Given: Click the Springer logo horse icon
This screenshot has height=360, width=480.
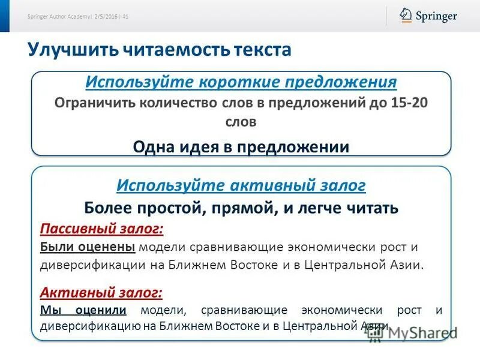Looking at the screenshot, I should point(406,15).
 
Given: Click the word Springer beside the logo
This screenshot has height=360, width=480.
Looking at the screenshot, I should point(436,16).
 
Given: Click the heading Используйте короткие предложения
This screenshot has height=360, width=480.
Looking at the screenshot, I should point(241,82).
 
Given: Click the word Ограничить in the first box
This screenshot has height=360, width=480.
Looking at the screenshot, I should point(94,101).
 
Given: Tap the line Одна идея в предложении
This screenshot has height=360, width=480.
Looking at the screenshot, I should point(241,146).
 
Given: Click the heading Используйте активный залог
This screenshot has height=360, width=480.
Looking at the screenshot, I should point(241,185).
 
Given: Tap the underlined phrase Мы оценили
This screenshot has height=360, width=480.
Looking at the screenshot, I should point(83,310).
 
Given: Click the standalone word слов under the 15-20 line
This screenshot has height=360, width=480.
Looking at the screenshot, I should point(241,122).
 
